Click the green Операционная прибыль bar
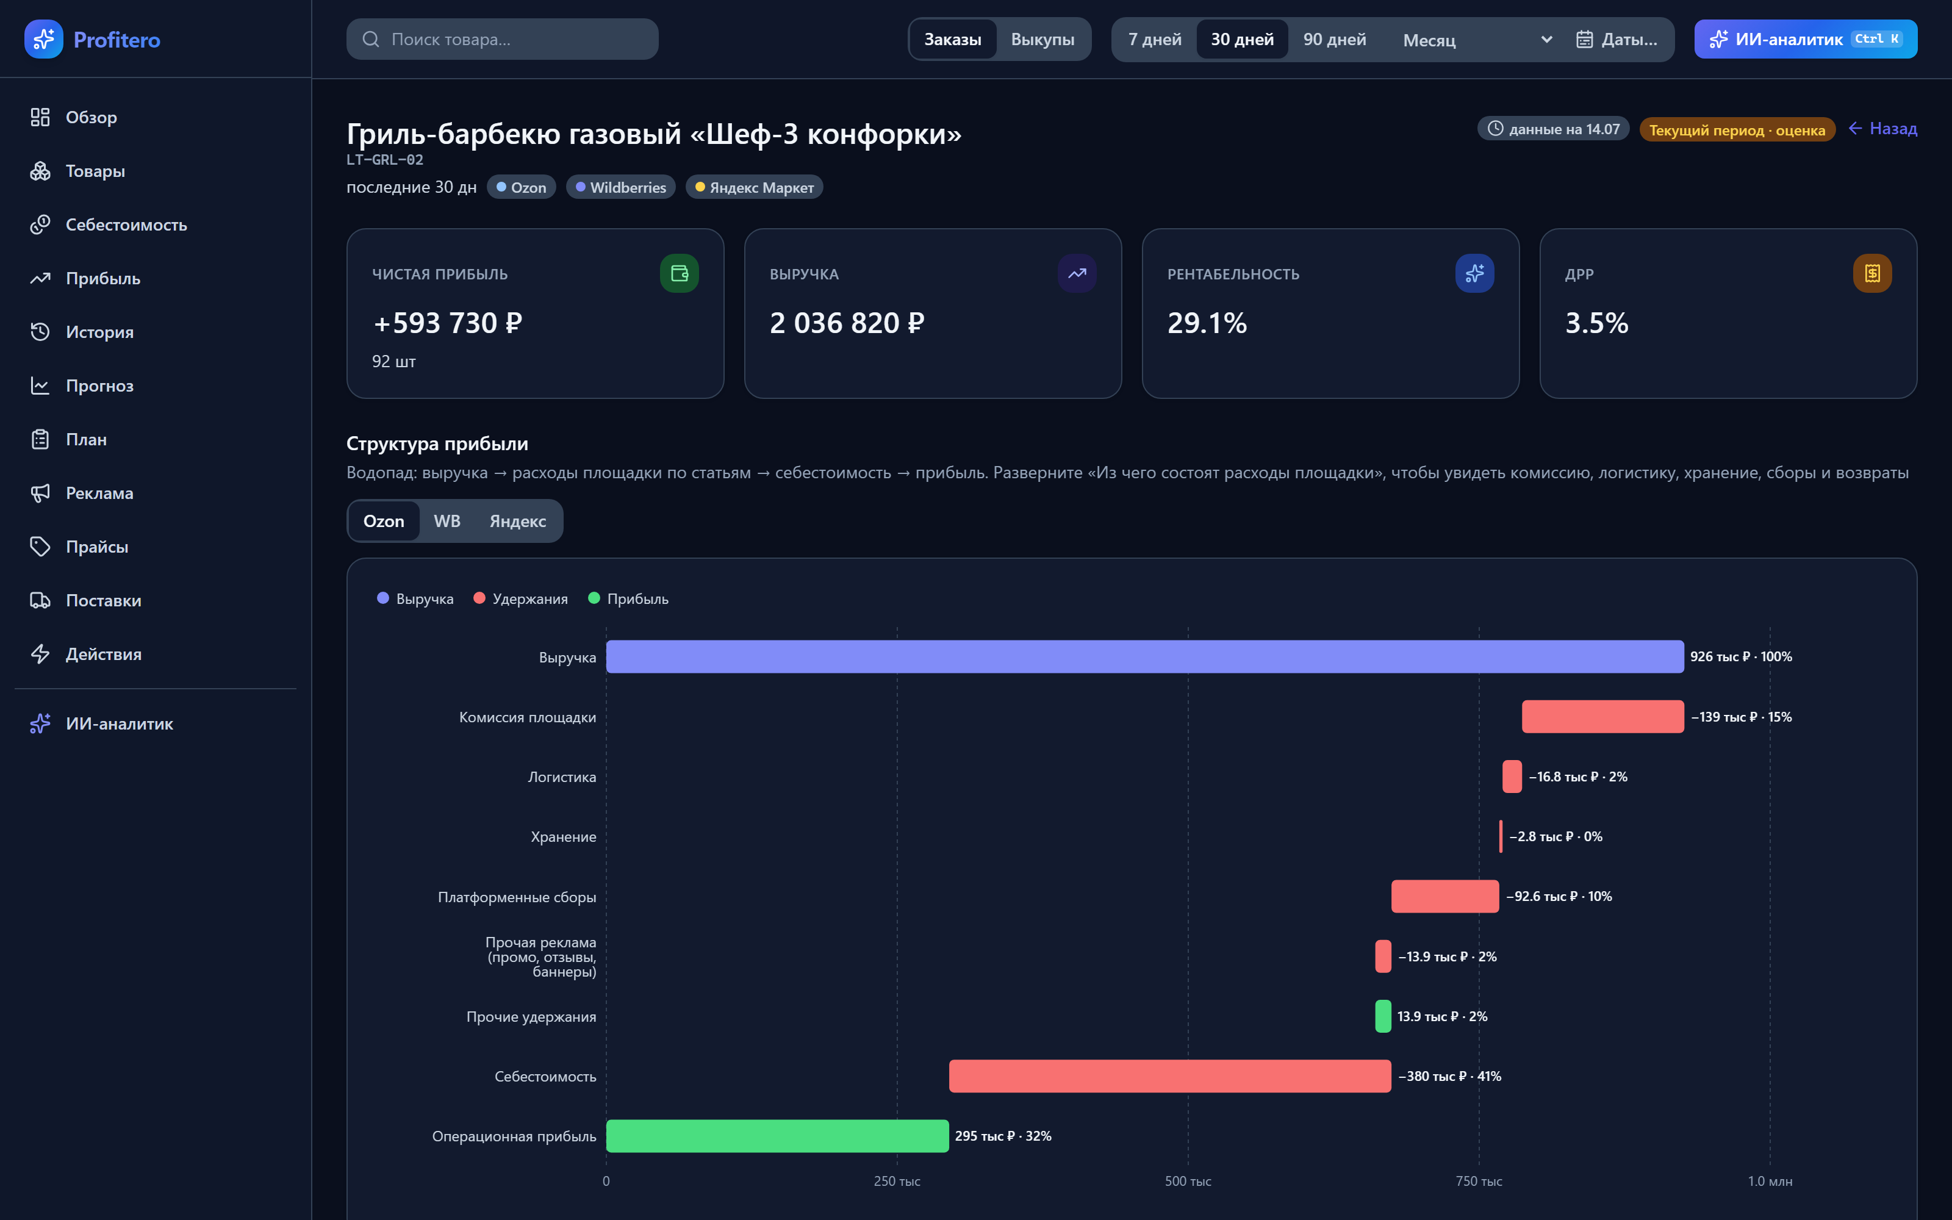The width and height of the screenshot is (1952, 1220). (777, 1135)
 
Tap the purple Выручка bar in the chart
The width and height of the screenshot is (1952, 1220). (1144, 656)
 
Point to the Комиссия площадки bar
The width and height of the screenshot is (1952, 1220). (1602, 717)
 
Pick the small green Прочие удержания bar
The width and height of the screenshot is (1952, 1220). (1382, 1016)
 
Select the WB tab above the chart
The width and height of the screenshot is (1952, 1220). (447, 521)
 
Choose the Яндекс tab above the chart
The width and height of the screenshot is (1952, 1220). (518, 521)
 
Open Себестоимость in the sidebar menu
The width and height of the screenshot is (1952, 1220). (126, 224)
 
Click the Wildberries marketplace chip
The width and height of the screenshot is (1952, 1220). (620, 187)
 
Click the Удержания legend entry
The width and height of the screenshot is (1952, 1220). (520, 598)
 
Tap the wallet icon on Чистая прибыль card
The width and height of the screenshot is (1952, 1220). (679, 273)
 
